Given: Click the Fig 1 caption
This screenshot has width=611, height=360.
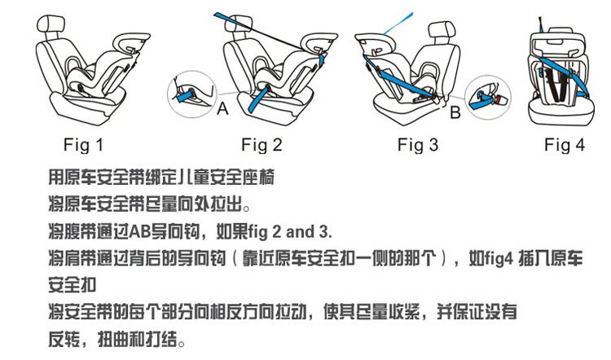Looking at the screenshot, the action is [83, 145].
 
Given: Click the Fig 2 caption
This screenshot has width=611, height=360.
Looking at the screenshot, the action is [262, 145].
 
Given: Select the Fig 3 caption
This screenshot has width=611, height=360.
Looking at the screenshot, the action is [418, 145].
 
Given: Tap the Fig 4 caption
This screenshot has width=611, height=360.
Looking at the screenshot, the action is [565, 145].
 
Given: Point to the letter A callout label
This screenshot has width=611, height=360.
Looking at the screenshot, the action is [222, 108].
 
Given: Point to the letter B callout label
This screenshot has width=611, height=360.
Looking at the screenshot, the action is [455, 112].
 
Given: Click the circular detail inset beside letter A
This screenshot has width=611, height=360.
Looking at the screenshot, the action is [191, 94].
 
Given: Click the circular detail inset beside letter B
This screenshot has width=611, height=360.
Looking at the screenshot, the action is [488, 98].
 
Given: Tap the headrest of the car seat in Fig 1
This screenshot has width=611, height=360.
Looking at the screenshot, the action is [50, 25].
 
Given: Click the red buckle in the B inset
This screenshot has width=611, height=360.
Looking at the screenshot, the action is [499, 101].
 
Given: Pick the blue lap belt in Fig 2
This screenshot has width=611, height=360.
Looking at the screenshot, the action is [259, 99].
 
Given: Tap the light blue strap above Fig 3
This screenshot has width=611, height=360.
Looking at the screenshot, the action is [398, 24].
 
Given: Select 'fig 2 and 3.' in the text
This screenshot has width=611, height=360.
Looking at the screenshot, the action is [290, 232].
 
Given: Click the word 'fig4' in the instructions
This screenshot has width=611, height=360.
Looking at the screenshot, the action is [491, 258].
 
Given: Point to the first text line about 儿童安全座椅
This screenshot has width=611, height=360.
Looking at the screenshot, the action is [161, 178].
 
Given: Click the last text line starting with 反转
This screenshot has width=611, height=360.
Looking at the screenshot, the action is [116, 339].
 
